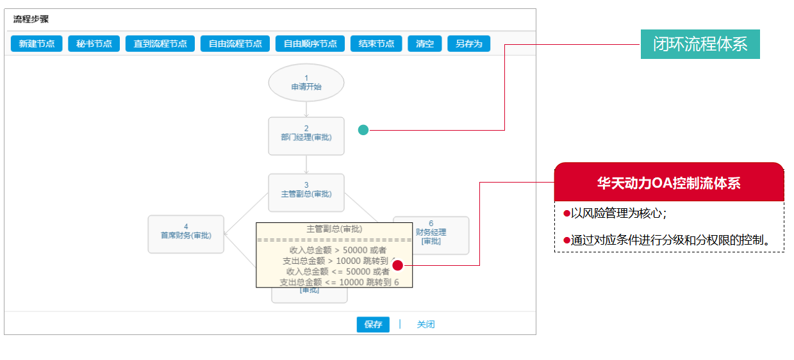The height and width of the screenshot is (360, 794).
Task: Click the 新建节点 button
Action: (x=37, y=44)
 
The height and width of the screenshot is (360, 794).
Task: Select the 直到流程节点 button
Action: (x=160, y=44)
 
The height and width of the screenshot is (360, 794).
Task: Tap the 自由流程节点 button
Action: (x=235, y=44)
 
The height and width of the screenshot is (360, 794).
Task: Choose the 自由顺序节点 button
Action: (x=310, y=44)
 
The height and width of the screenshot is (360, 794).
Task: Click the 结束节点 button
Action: (x=376, y=44)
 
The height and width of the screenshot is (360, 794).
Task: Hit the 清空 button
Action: (x=424, y=44)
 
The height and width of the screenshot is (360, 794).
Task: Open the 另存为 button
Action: (x=468, y=44)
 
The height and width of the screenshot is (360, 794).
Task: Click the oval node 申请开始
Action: (x=306, y=83)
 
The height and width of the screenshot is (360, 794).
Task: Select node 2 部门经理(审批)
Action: (x=306, y=136)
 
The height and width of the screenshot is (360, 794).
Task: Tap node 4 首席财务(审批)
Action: (x=186, y=234)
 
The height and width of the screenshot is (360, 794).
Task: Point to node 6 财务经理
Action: (x=431, y=234)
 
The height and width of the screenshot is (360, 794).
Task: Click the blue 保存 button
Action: (x=373, y=324)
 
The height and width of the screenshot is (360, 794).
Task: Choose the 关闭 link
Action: (x=426, y=324)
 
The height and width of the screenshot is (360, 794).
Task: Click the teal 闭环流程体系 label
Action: (x=700, y=45)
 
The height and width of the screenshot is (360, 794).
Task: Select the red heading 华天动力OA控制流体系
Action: (x=668, y=183)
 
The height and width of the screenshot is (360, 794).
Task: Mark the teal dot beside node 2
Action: (x=363, y=130)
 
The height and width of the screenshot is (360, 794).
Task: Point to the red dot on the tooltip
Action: (x=397, y=265)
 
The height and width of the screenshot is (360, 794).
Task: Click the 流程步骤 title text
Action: (x=31, y=19)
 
